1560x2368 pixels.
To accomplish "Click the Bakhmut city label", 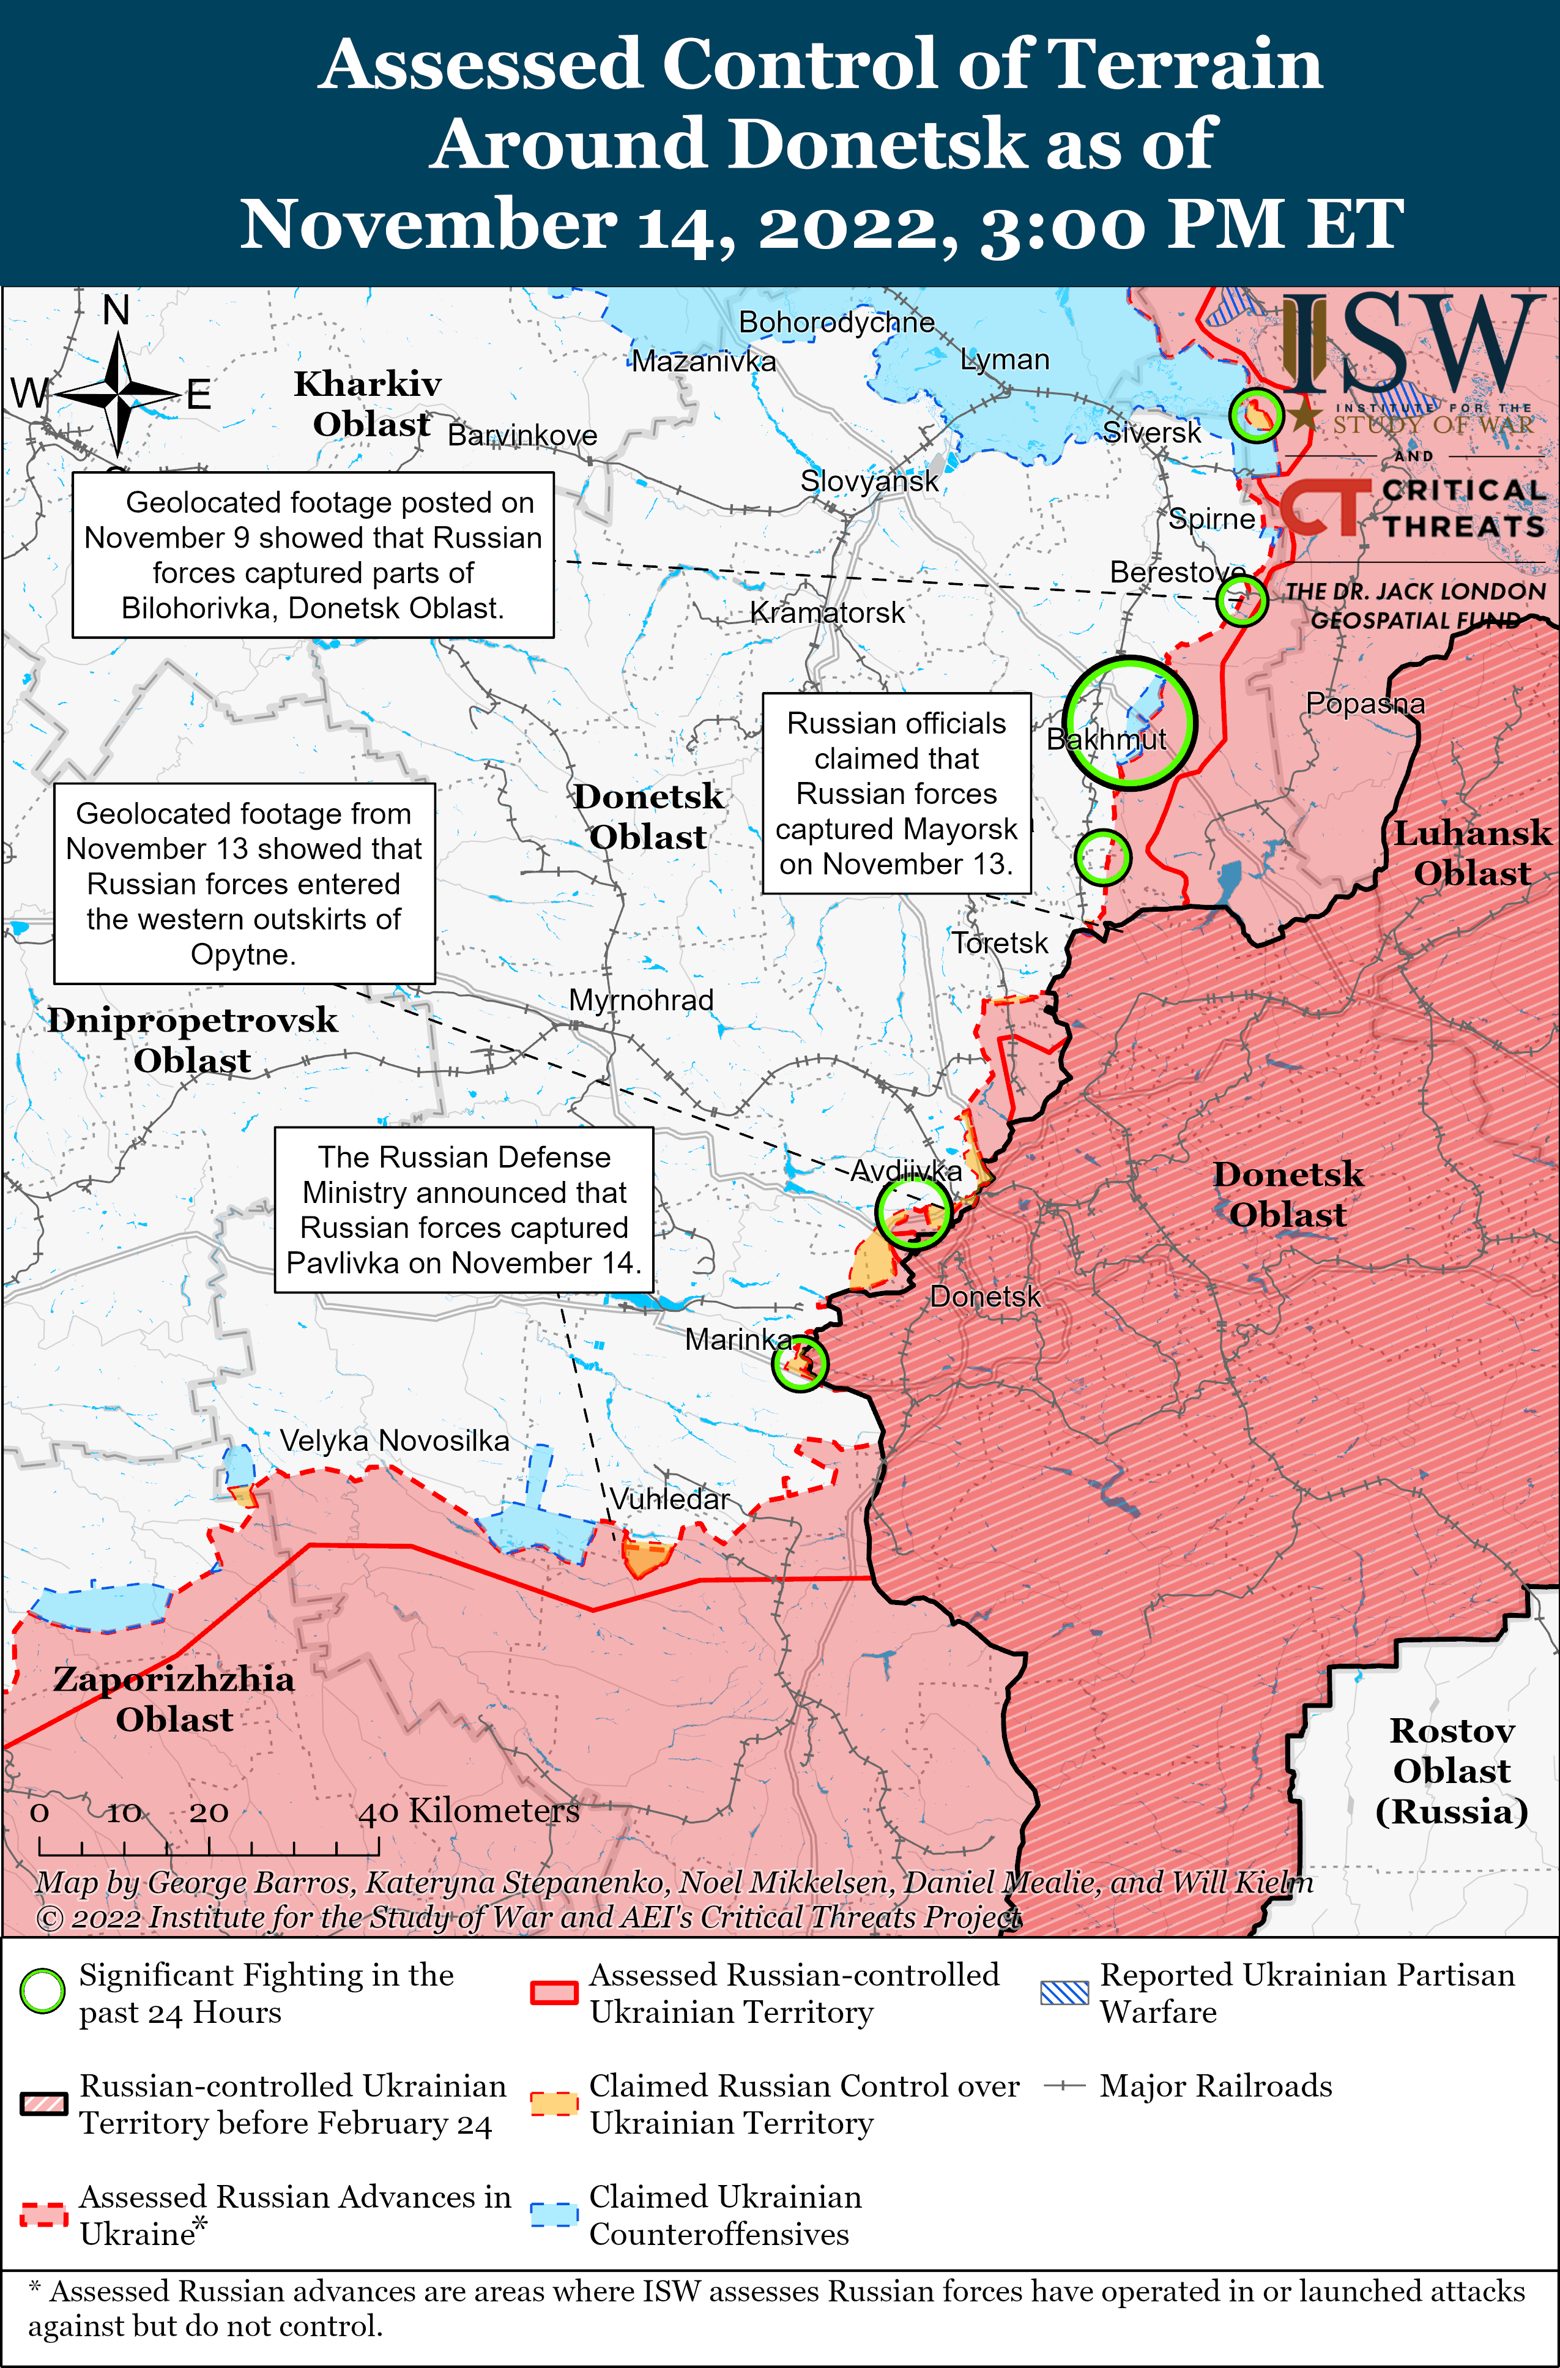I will tap(1105, 739).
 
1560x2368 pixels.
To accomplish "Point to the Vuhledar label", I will tap(669, 1499).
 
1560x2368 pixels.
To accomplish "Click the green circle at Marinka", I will tap(799, 1363).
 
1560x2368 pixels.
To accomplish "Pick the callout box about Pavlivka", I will tap(464, 1209).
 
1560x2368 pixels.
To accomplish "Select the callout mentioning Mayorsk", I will tap(896, 793).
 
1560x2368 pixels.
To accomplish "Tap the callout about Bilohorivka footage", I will tap(313, 554).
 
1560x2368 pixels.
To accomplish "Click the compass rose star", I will tap(117, 394).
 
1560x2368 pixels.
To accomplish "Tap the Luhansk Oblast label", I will tap(1471, 853).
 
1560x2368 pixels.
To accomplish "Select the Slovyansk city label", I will tap(869, 482).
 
